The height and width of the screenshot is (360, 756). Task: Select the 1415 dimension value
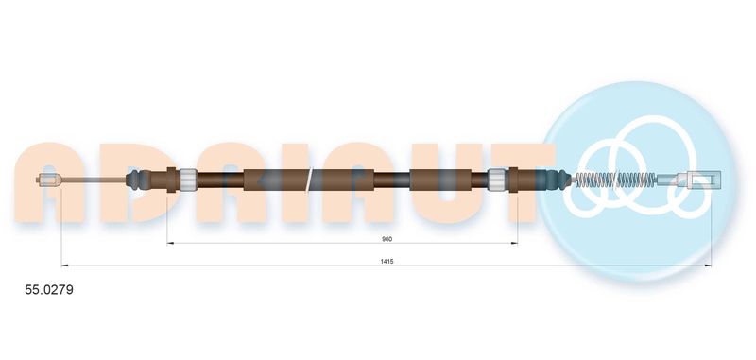[x=388, y=261]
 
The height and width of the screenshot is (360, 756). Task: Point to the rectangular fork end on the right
[x=700, y=178]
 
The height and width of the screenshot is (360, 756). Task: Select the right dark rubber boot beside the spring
[x=558, y=178]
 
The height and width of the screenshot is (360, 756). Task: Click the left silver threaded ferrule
[x=187, y=178]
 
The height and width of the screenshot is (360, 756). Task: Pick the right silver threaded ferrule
[x=495, y=178]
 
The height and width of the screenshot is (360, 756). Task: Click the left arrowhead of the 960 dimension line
[x=171, y=244]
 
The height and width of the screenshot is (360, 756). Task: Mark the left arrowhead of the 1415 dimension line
[x=64, y=266]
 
